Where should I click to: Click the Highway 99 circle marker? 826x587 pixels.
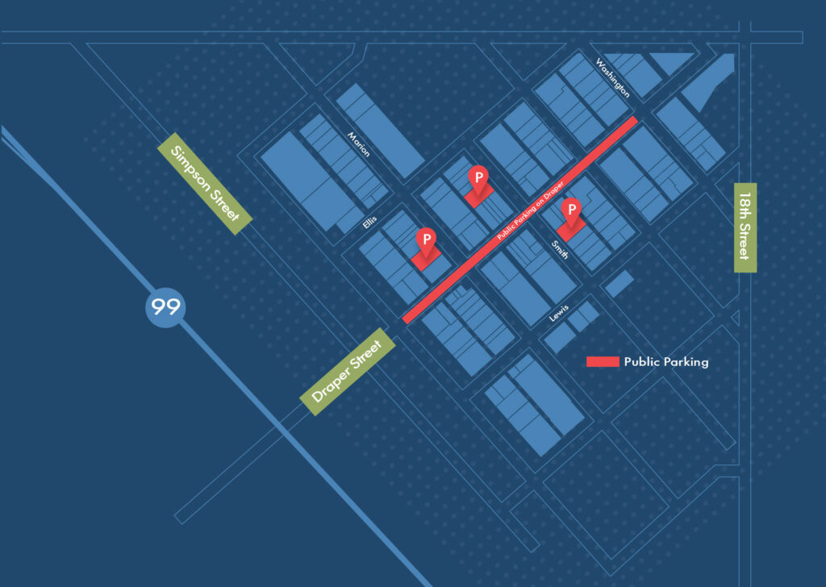tap(165, 306)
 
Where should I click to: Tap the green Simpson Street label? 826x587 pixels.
tap(206, 180)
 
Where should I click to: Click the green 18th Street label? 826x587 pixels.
tap(745, 227)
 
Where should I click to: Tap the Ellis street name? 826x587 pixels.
tap(370, 223)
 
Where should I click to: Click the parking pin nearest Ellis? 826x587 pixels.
tap(425, 239)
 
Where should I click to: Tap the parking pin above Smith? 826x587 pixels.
tap(571, 212)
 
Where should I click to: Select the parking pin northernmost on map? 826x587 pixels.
tap(478, 177)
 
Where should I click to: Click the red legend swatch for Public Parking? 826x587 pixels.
tap(603, 362)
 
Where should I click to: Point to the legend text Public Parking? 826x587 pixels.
tap(666, 362)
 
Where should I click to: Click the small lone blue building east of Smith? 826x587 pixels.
tap(619, 283)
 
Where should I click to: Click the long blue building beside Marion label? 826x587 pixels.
tap(375, 131)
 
